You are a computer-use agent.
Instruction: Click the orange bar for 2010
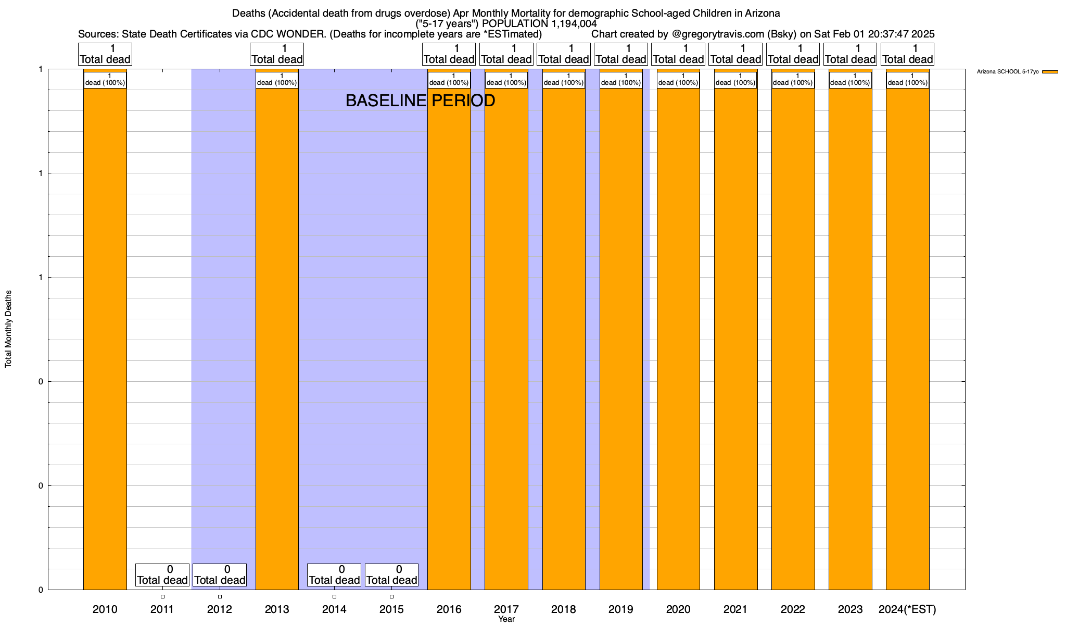[x=105, y=333]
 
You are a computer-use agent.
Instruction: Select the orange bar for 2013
[x=277, y=333]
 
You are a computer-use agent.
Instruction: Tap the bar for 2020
[x=678, y=333]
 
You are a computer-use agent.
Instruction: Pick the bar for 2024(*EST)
[x=908, y=333]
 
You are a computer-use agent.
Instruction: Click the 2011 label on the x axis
[x=162, y=609]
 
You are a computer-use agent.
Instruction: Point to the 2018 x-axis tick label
[x=563, y=609]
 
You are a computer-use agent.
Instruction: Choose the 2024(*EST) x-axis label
[x=907, y=609]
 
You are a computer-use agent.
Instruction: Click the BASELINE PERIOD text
[x=420, y=101]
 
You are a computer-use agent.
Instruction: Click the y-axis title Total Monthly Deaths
[x=8, y=329]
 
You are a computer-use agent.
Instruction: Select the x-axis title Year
[x=506, y=619]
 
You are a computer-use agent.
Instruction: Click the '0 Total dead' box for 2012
[x=220, y=575]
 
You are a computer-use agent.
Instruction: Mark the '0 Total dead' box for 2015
[x=391, y=575]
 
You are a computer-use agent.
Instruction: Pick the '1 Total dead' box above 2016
[x=449, y=54]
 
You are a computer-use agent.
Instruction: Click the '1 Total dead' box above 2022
[x=793, y=54]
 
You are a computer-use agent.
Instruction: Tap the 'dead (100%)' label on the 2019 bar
[x=621, y=80]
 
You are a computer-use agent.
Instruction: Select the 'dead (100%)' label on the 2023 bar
[x=850, y=80]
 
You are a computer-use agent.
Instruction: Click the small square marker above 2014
[x=334, y=596]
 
